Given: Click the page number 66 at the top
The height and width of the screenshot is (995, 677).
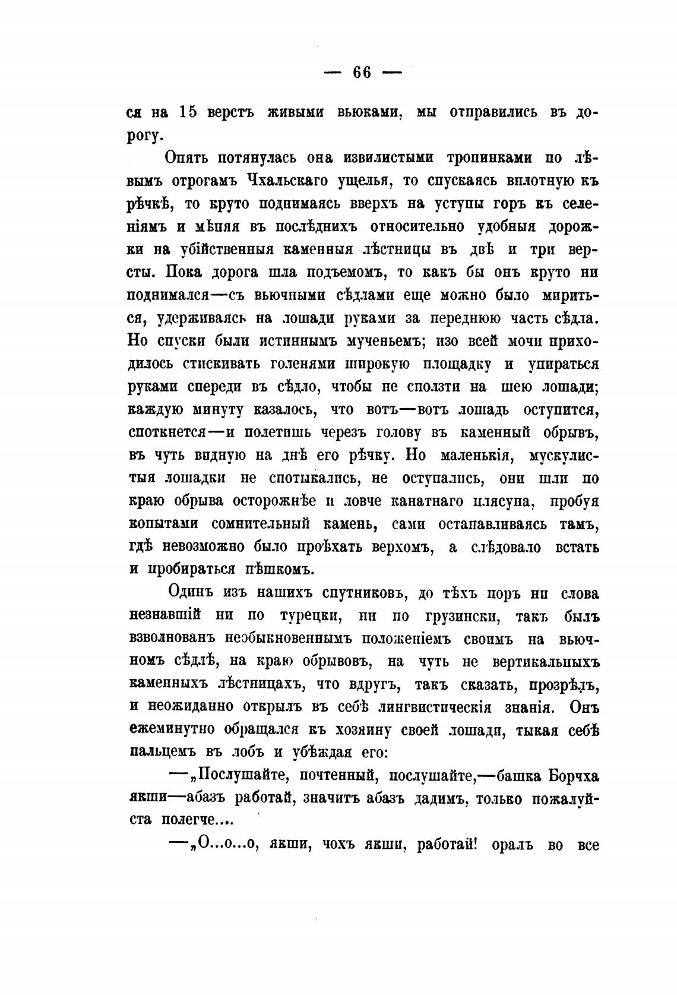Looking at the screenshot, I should click(x=362, y=72).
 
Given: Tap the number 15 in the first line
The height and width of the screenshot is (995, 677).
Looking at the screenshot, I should click(x=188, y=113).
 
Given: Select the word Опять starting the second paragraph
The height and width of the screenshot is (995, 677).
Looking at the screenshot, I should click(x=186, y=159).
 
